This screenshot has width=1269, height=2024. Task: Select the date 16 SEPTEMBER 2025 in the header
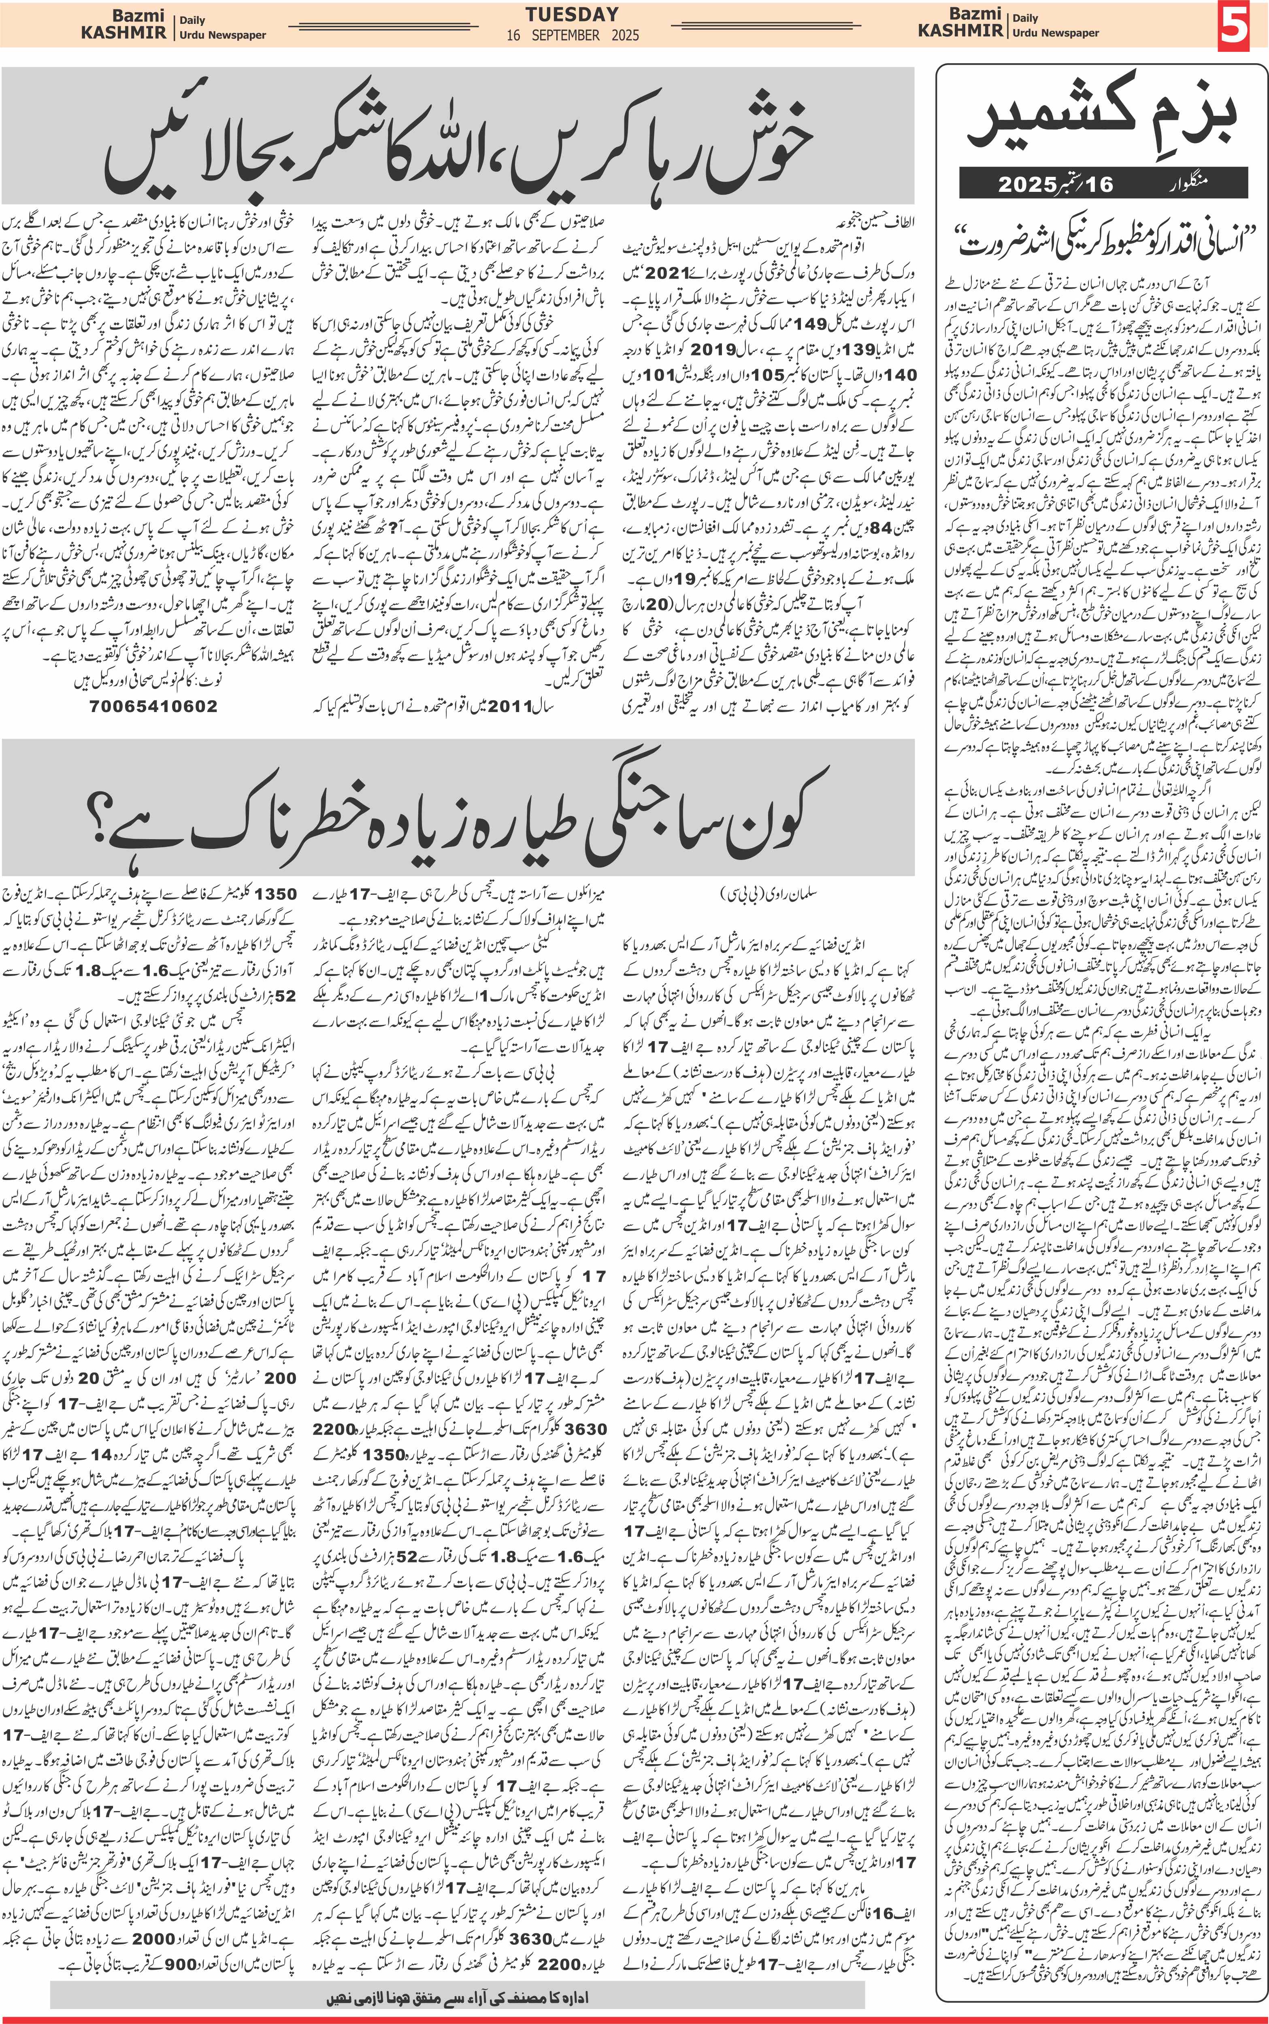coord(573,35)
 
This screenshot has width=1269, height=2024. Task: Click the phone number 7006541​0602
coord(153,706)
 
